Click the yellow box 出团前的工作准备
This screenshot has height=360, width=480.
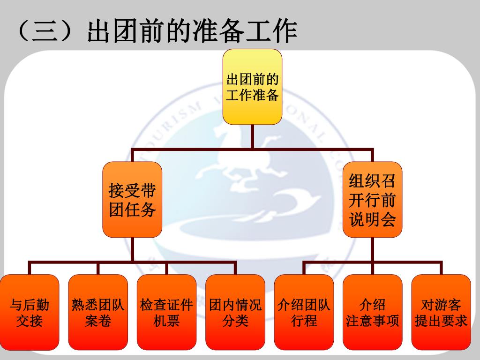pos(252,87)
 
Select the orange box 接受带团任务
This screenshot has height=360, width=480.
pos(132,200)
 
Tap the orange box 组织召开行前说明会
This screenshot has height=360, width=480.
pos(373,200)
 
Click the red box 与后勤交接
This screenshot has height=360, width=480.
pos(30,313)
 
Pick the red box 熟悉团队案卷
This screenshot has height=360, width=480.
pos(98,313)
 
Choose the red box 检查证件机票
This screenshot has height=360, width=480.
pos(167,313)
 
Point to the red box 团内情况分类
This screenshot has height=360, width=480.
pos(235,313)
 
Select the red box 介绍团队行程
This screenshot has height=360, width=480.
pos(304,313)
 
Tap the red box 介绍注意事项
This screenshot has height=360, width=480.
pos(373,313)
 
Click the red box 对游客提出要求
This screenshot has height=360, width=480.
pos(441,313)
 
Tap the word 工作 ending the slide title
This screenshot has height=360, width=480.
pos(271,32)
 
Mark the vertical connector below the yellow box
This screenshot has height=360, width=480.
pos(252,137)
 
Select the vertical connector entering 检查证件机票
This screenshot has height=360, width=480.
pos(167,268)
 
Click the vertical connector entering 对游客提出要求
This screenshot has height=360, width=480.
pos(441,268)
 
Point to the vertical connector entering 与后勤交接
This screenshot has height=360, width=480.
pos(30,268)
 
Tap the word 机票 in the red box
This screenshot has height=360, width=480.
pos(167,322)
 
